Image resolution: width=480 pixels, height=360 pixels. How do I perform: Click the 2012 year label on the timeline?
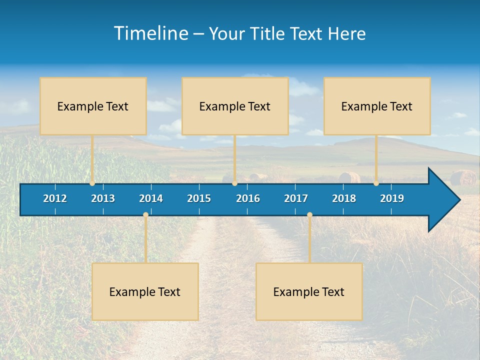click(55, 198)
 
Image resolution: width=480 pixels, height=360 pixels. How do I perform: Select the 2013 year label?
click(103, 198)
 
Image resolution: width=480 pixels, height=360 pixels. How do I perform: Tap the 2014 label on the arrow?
click(151, 198)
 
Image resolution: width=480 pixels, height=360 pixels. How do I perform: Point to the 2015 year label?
click(199, 198)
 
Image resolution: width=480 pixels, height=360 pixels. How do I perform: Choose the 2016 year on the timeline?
click(248, 198)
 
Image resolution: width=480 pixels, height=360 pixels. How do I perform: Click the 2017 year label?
click(296, 198)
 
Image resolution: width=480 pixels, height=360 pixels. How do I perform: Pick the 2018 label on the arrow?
click(344, 198)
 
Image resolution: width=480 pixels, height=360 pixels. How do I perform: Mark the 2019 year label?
click(392, 198)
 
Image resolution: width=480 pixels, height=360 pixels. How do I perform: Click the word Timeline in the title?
click(150, 33)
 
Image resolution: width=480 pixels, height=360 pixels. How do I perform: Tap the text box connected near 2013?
click(93, 106)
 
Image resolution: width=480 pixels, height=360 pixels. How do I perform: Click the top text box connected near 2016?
click(235, 106)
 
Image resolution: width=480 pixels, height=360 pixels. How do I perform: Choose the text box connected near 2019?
click(377, 106)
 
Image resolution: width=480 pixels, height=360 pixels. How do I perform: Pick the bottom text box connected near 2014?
click(145, 291)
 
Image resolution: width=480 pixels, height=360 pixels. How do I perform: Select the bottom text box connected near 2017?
click(309, 291)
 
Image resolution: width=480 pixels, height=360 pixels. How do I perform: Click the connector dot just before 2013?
click(92, 183)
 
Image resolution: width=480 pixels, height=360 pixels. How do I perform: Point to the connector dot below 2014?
click(145, 215)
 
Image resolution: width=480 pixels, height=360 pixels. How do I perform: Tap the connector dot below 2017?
click(309, 215)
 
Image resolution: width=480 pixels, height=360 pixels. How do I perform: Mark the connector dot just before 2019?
click(376, 183)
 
